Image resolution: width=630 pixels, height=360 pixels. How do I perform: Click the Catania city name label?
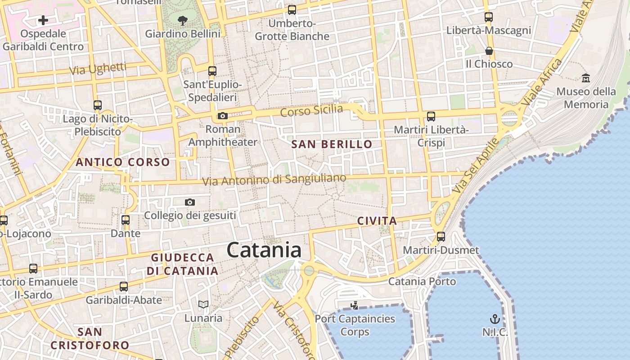click(264, 250)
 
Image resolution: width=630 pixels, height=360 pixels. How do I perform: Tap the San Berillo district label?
click(332, 144)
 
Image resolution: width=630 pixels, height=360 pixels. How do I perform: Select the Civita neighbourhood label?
click(377, 221)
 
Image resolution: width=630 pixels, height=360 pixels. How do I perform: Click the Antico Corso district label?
click(123, 162)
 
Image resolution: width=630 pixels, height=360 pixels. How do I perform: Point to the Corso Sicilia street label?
click(311, 110)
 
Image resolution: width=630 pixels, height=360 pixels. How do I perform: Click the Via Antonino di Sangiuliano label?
click(274, 180)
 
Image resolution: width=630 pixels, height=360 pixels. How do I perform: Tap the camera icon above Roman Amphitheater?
click(223, 116)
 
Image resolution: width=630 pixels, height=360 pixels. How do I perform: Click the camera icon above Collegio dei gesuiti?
click(190, 202)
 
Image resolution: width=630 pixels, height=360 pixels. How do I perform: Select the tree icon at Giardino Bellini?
click(183, 20)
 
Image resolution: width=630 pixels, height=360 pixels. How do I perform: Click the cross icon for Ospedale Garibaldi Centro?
click(43, 20)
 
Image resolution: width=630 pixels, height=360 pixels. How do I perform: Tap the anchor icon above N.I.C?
click(495, 319)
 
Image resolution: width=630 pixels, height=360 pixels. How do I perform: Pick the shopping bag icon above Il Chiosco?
click(489, 51)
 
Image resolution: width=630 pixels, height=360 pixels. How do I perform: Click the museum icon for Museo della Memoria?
click(586, 78)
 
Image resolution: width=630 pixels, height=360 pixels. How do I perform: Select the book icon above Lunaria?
click(203, 305)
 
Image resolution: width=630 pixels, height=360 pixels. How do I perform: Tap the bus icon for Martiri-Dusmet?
click(441, 236)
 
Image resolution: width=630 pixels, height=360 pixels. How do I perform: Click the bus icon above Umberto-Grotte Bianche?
click(292, 9)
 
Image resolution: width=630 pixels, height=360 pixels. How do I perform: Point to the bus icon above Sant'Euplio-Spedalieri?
click(212, 71)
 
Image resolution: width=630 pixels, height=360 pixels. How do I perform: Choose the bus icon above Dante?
click(126, 220)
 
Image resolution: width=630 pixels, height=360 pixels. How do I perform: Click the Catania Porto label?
click(422, 282)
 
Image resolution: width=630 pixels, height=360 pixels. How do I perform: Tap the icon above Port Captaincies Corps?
click(355, 306)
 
